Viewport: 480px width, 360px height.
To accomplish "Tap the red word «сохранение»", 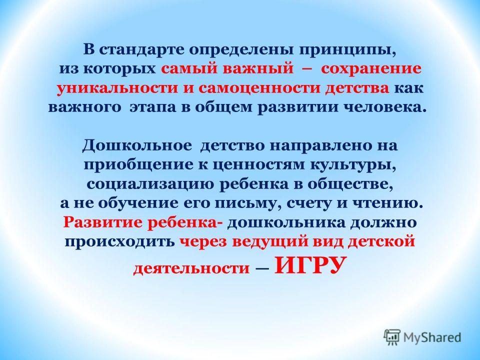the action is click(x=371, y=69).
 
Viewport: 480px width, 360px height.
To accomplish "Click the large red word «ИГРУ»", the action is click(x=310, y=265).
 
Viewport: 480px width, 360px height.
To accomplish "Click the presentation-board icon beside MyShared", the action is click(x=392, y=337).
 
